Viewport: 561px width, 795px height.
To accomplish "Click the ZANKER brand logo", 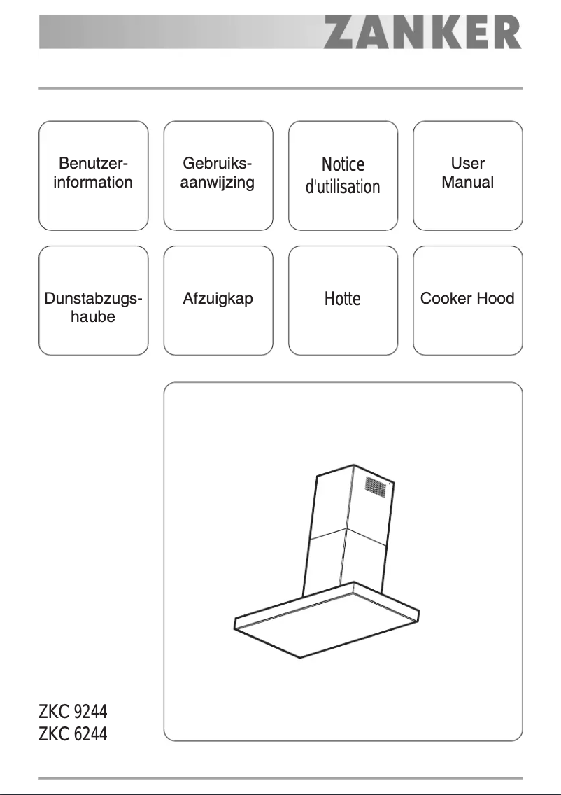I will pyautogui.click(x=422, y=33).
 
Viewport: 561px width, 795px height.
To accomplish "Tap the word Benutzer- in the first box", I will pyautogui.click(x=93, y=164).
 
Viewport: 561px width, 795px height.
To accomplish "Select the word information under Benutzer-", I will pyautogui.click(x=93, y=183).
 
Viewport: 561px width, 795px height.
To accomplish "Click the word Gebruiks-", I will pyautogui.click(x=218, y=164).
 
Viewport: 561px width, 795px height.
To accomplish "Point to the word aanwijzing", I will pyautogui.click(x=218, y=183).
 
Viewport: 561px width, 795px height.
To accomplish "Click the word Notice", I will pyautogui.click(x=343, y=164).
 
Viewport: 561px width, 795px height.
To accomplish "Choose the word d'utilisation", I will pyautogui.click(x=343, y=187).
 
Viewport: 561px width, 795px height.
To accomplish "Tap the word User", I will pyautogui.click(x=468, y=164).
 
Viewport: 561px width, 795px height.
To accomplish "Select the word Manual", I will pyautogui.click(x=468, y=183).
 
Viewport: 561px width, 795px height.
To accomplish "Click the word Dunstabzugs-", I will pyautogui.click(x=93, y=299).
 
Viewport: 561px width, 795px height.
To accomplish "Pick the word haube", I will pyautogui.click(x=93, y=317).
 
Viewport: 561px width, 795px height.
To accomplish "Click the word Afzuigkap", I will pyautogui.click(x=218, y=299).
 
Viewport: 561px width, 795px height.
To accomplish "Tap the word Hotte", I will pyautogui.click(x=343, y=300).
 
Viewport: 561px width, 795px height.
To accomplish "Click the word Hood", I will pyautogui.click(x=495, y=299).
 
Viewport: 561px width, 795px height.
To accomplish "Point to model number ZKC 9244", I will pyautogui.click(x=72, y=713).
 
